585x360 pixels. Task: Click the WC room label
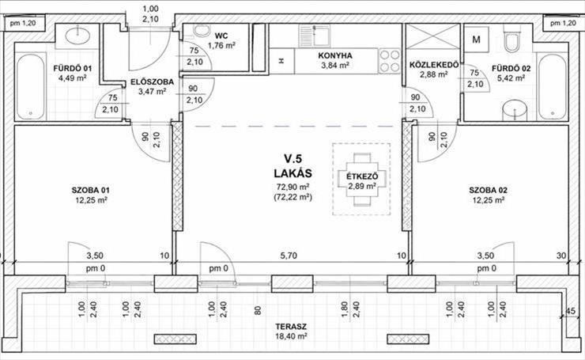pyautogui.click(x=221, y=36)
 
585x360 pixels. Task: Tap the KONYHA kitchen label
pyautogui.click(x=335, y=55)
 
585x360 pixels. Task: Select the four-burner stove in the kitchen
pyautogui.click(x=390, y=61)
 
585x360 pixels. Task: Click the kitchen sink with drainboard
pyautogui.click(x=314, y=36)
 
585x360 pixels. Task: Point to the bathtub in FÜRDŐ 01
pyautogui.click(x=31, y=87)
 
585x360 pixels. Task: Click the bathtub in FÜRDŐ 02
pyautogui.click(x=553, y=87)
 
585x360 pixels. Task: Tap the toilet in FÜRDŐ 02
pyautogui.click(x=512, y=39)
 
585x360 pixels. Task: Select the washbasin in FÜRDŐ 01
pyautogui.click(x=77, y=36)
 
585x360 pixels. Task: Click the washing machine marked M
pyautogui.click(x=476, y=40)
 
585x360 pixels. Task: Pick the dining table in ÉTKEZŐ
pyautogui.click(x=361, y=180)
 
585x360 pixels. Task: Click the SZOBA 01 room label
pyautogui.click(x=91, y=191)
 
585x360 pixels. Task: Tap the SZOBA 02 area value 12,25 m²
pyautogui.click(x=489, y=200)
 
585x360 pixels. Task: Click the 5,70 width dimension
pyautogui.click(x=289, y=256)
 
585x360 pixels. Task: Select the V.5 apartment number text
pyautogui.click(x=292, y=159)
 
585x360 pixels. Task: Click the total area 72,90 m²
pyautogui.click(x=292, y=187)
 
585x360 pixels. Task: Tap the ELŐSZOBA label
pyautogui.click(x=152, y=81)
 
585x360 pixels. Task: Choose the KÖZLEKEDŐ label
pyautogui.click(x=434, y=65)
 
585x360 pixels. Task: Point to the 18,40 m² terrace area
pyautogui.click(x=292, y=336)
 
